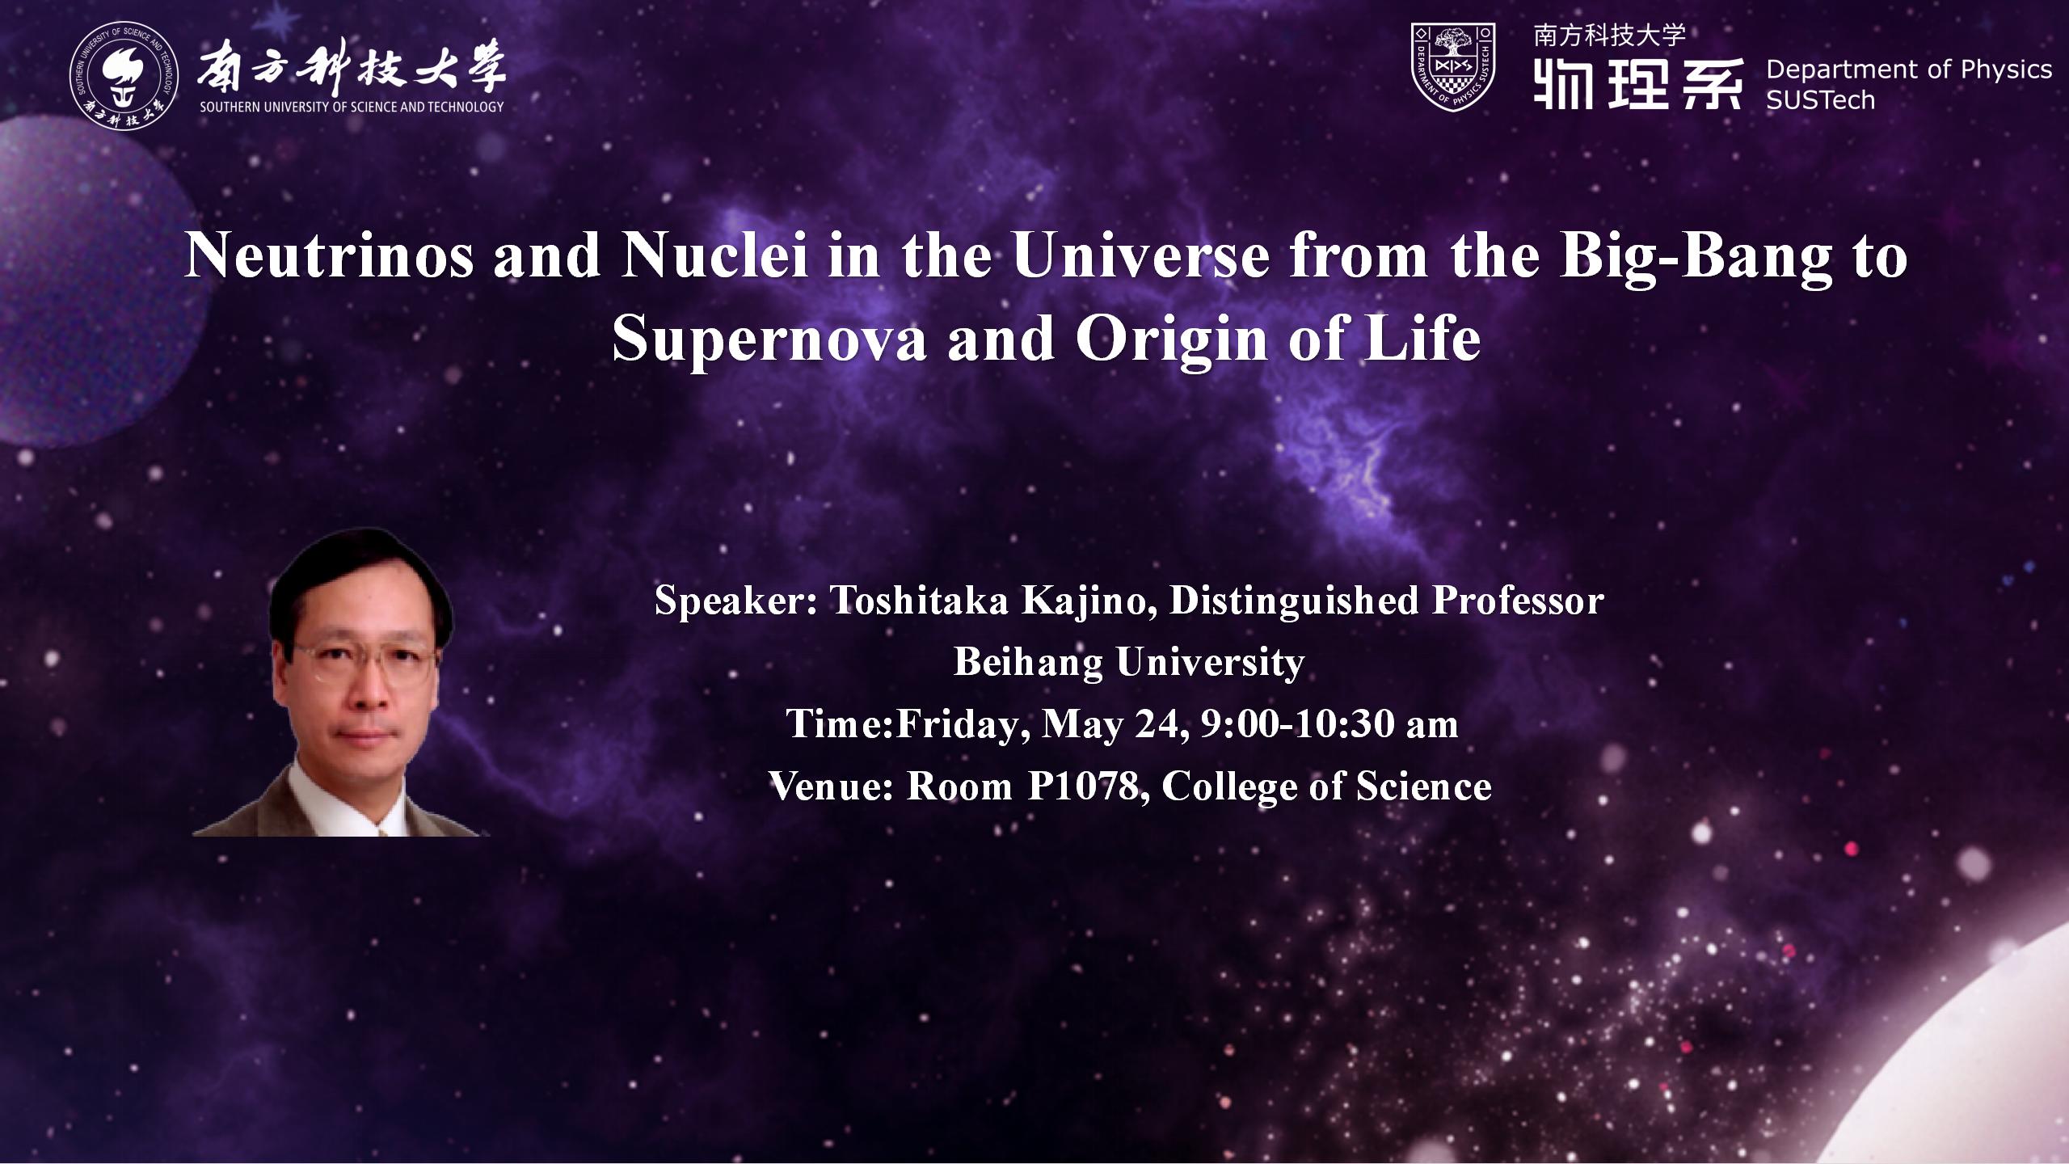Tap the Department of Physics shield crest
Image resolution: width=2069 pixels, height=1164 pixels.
pos(1453,66)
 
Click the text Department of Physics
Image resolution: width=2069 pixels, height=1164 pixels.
pos(1909,70)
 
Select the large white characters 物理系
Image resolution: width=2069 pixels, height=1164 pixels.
pos(1637,83)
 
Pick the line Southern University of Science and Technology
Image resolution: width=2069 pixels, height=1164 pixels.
pos(352,107)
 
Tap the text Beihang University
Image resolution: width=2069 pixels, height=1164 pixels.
pos(1129,663)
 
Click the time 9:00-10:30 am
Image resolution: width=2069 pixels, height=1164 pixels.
pos(1329,724)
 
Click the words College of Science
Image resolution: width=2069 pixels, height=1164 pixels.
pos(1326,787)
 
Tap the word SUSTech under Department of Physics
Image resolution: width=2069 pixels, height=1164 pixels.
pos(1821,100)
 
